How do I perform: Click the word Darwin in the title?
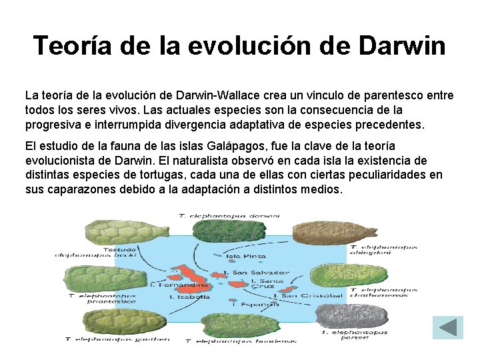click(402, 46)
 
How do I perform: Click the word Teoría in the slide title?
click(73, 46)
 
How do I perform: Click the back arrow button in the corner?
click(448, 327)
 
